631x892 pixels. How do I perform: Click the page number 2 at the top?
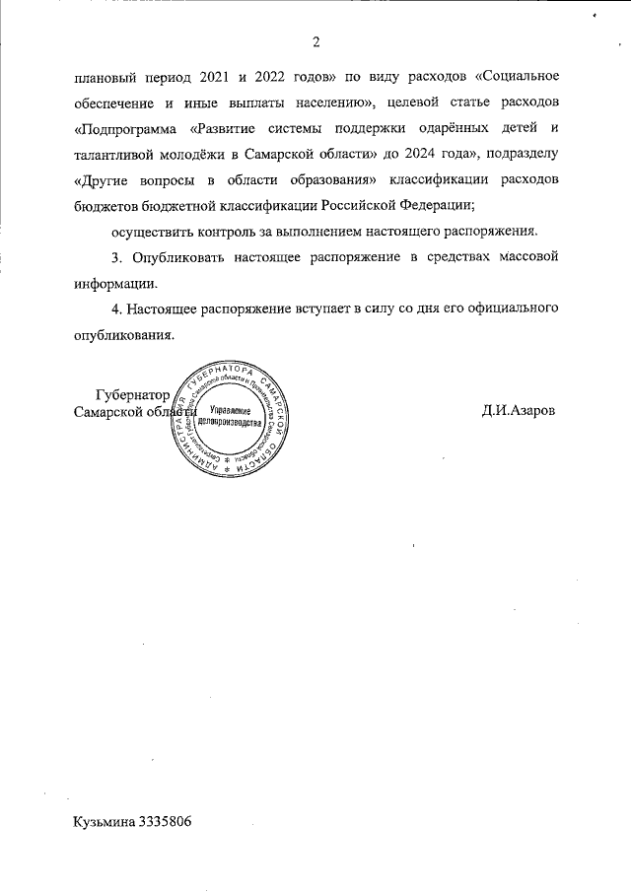[315, 41]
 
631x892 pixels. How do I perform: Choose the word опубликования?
[122, 334]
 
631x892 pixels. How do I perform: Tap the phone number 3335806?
[166, 821]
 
